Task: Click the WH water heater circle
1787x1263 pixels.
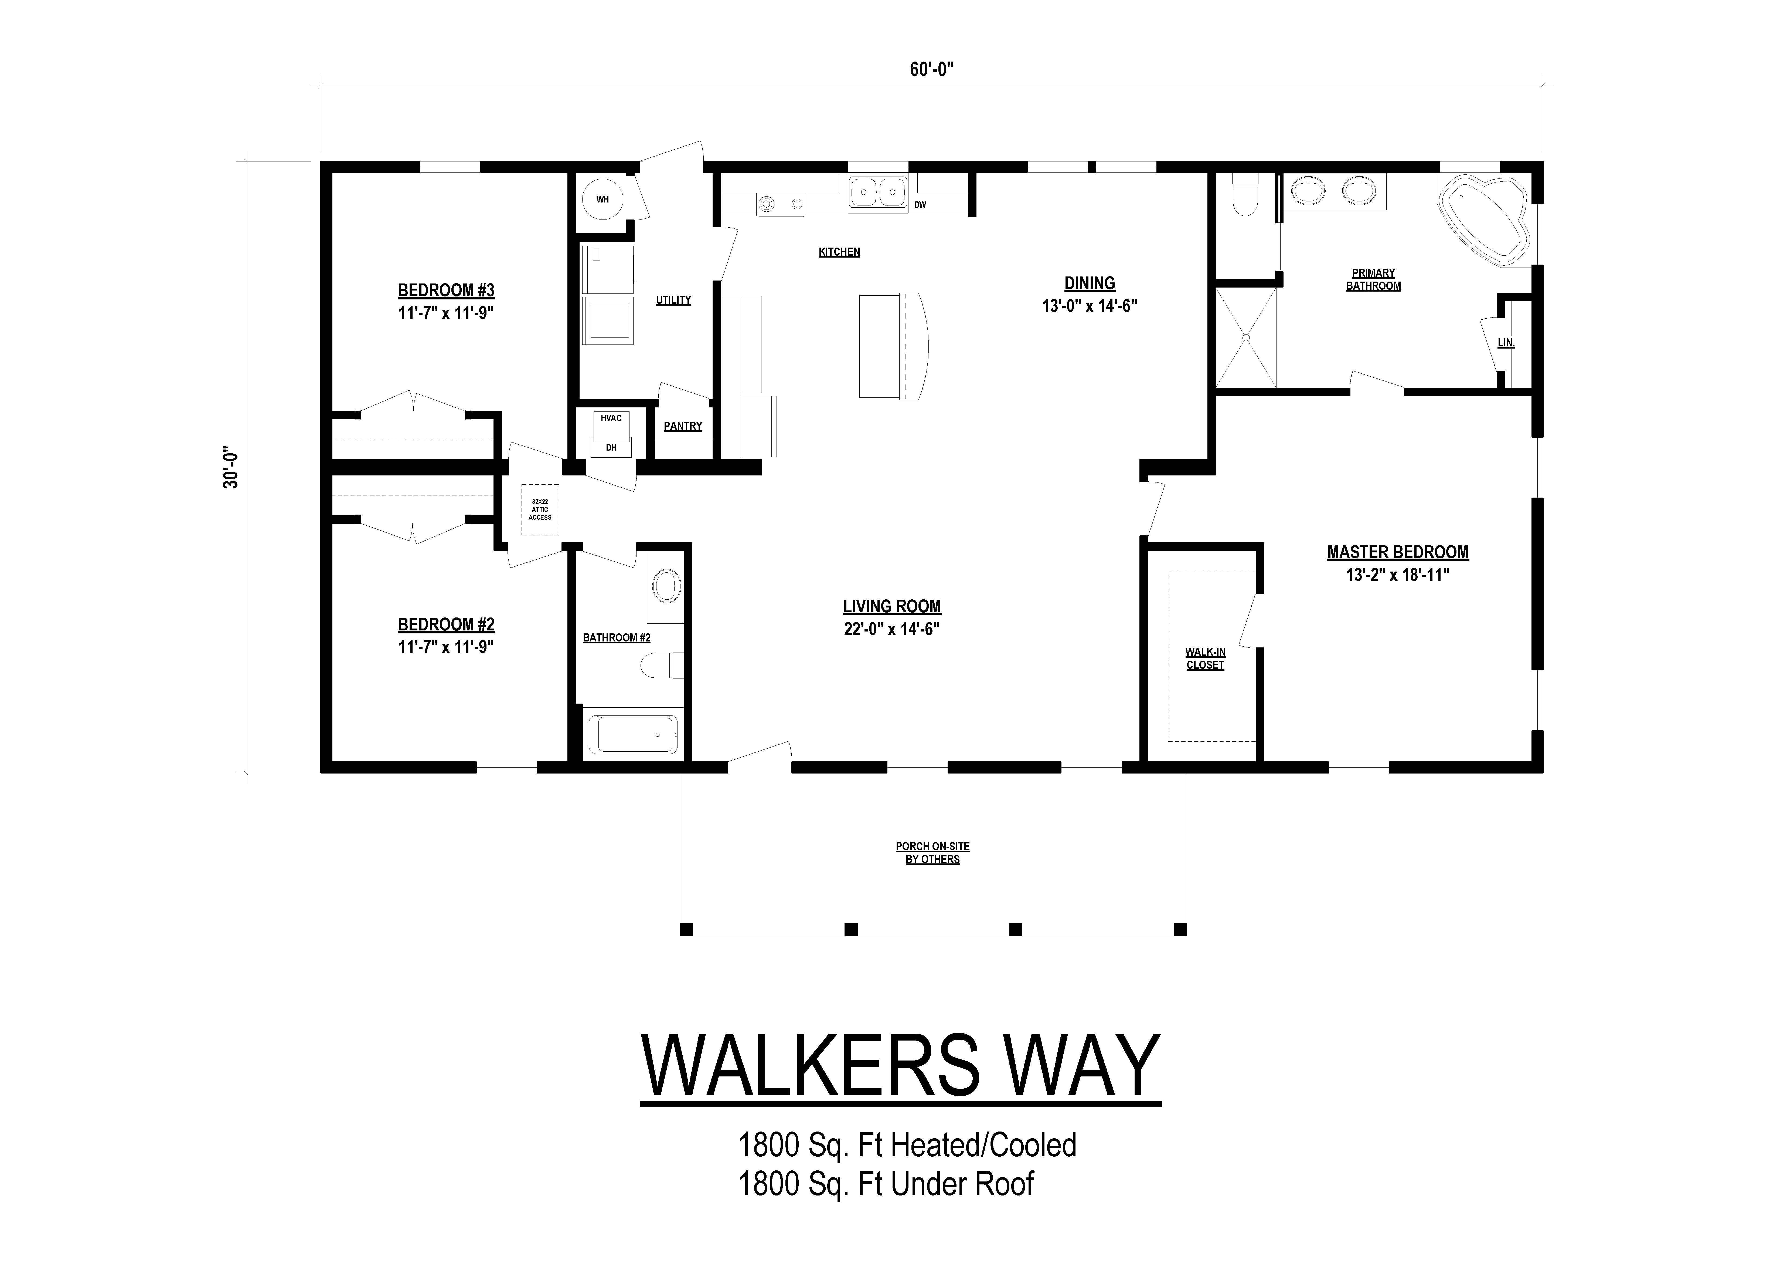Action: click(603, 199)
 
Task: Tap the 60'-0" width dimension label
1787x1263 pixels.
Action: click(932, 69)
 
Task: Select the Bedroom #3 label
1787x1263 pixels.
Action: click(446, 291)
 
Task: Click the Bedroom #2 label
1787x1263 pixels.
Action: click(446, 624)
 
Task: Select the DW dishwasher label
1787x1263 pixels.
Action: click(920, 205)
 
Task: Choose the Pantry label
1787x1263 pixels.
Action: click(683, 426)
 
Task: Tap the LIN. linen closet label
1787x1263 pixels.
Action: click(1506, 343)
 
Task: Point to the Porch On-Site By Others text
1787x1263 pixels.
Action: click(932, 853)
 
